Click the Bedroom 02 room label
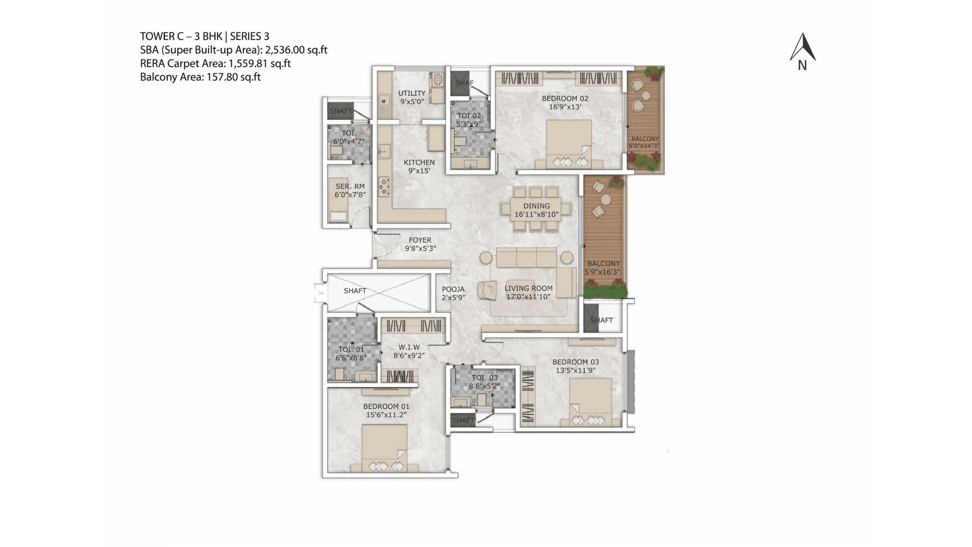[x=565, y=99]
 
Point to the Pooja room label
[x=453, y=289]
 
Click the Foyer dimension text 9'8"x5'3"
[x=420, y=248]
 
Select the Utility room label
[x=412, y=93]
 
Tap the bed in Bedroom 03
[x=590, y=402]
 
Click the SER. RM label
[x=350, y=186]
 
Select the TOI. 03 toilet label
[x=484, y=378]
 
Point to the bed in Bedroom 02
[x=569, y=143]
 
